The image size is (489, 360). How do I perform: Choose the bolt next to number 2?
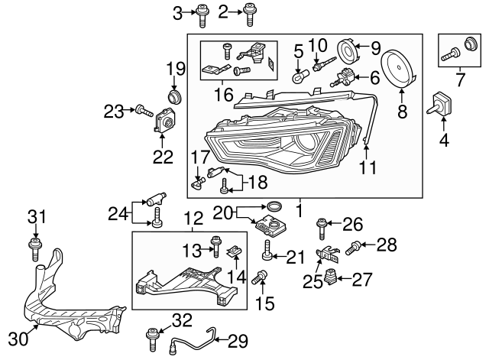pos(250,11)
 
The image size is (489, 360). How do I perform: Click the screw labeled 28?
pos(354,246)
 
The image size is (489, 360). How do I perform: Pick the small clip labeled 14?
pos(237,251)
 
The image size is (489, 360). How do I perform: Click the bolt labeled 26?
pos(322,226)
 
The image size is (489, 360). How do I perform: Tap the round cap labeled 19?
pos(176,98)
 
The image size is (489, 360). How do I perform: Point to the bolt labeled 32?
pos(152,333)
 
